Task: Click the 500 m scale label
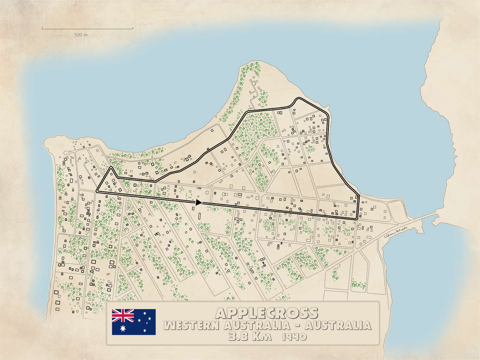tap(81, 35)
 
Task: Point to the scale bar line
tap(87, 28)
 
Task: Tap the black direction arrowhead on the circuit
tap(198, 202)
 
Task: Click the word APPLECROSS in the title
tap(266, 313)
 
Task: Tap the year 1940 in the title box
tap(295, 337)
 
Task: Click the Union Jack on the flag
tap(123, 316)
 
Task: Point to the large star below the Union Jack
tap(123, 328)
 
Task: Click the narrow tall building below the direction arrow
tap(199, 215)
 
